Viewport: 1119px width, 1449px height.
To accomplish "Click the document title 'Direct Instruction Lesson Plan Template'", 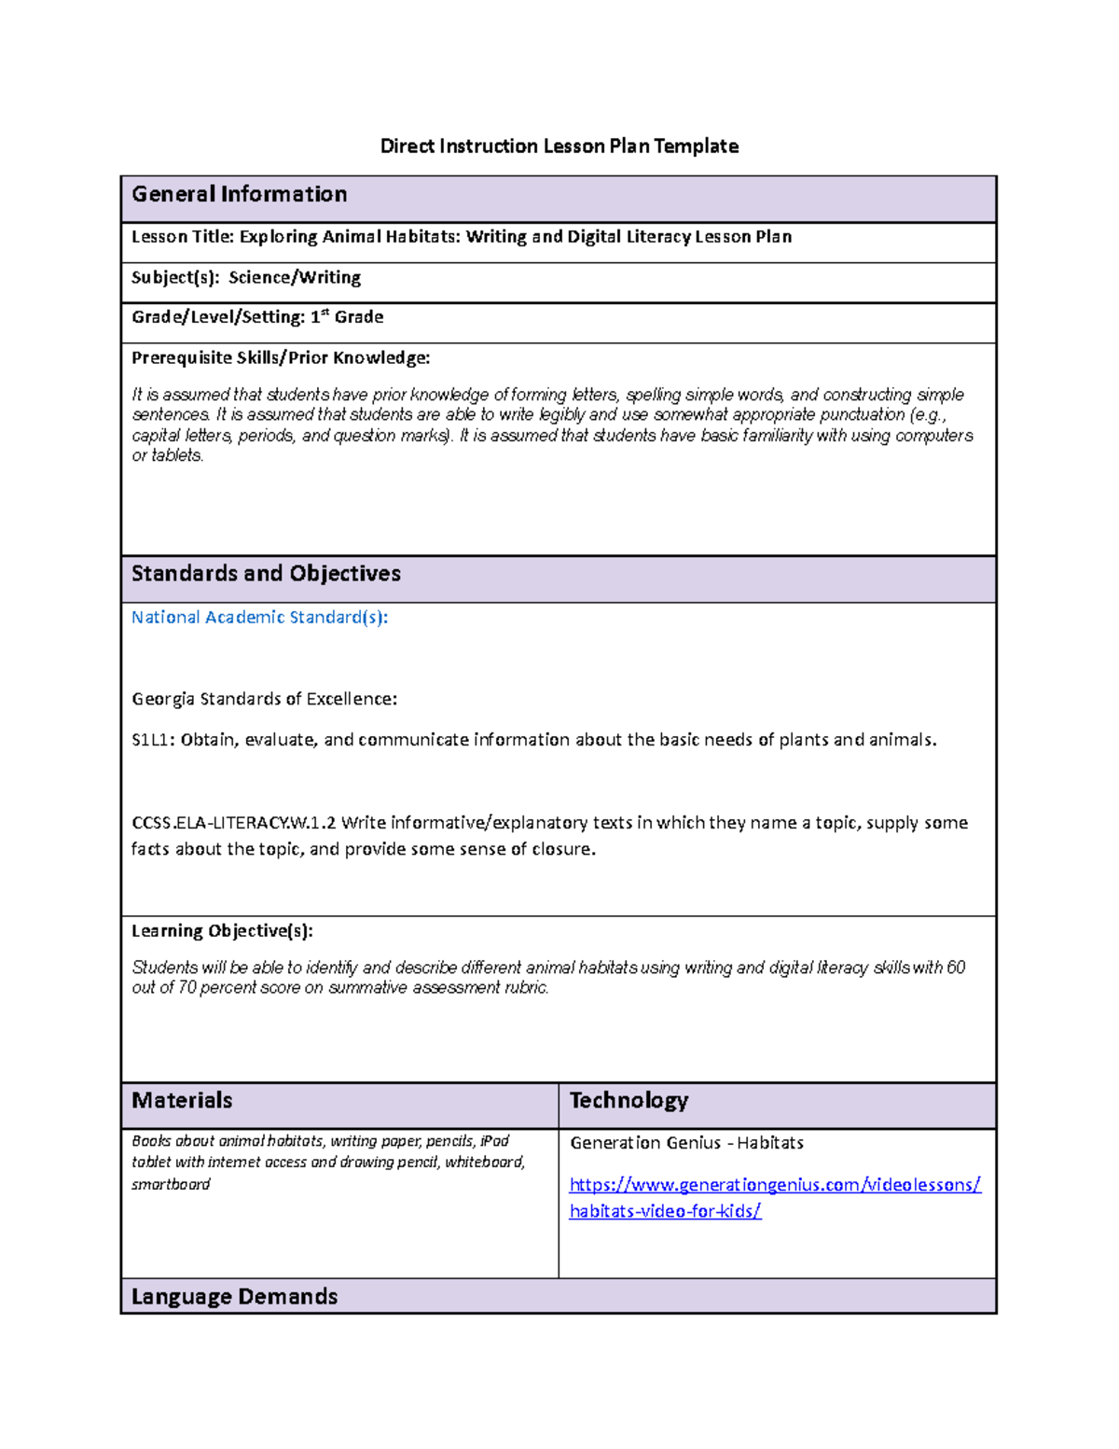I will [x=559, y=146].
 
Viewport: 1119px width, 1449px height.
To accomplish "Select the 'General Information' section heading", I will [x=239, y=194].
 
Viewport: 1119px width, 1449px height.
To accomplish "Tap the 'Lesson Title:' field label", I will [x=183, y=237].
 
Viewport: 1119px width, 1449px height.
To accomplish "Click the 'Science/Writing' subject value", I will [x=295, y=277].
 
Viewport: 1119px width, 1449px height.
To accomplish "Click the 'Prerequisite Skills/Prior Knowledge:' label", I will [x=281, y=357].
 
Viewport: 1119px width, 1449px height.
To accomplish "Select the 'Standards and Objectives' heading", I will [x=266, y=574].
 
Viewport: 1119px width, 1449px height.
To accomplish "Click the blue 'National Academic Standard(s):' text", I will [x=259, y=617].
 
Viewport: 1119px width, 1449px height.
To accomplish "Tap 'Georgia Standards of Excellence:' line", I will [x=264, y=699].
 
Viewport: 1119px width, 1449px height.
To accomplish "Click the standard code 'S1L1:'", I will [x=153, y=740].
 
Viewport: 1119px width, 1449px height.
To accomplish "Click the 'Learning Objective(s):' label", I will [x=222, y=930].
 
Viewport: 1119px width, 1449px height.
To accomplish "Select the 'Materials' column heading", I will [x=182, y=1100].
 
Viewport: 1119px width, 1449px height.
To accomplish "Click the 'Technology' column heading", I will [x=629, y=1100].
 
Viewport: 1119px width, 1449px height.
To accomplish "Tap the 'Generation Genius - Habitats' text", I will [x=686, y=1143].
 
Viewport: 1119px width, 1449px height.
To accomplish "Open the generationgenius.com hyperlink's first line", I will [x=775, y=1185].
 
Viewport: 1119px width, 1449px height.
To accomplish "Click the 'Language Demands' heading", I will [x=234, y=1296].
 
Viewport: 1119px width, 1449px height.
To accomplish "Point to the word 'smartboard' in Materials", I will [x=171, y=1184].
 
